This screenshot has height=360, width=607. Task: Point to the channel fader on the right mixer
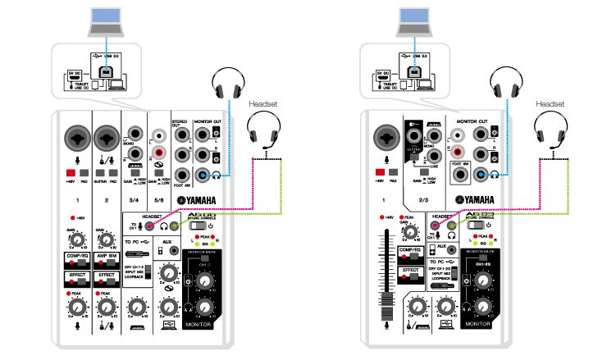tap(383, 271)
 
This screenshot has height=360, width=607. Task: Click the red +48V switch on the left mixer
tap(71, 174)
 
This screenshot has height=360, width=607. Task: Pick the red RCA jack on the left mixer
tap(158, 153)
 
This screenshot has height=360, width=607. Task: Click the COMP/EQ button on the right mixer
tap(413, 251)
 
